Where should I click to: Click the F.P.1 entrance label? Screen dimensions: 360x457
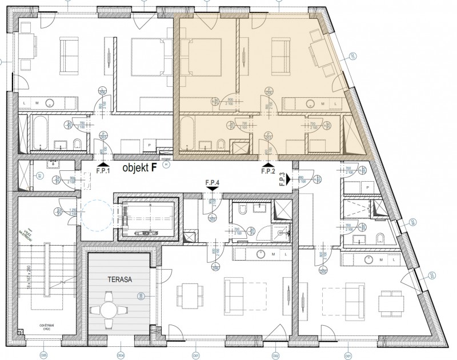pyautogui.click(x=103, y=170)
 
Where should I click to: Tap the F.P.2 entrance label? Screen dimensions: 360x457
pyautogui.click(x=268, y=170)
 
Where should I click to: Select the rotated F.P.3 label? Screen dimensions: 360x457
pyautogui.click(x=283, y=179)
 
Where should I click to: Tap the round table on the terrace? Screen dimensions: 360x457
pyautogui.click(x=109, y=310)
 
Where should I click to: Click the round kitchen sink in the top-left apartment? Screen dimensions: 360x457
pyautogui.click(x=51, y=103)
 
